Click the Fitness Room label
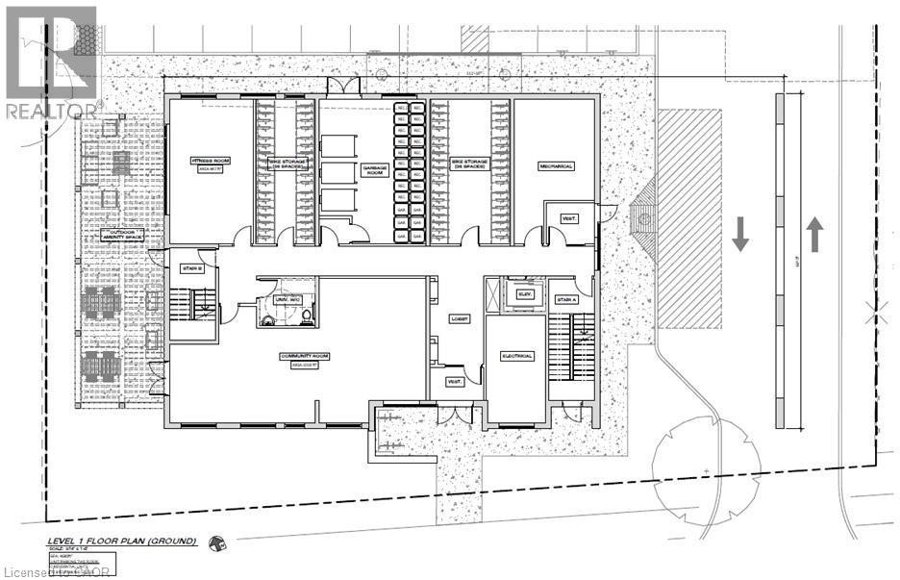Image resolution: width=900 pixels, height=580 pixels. pyautogui.click(x=210, y=162)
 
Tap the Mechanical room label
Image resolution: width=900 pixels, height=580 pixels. pyautogui.click(x=555, y=165)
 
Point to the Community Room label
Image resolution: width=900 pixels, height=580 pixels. pyautogui.click(x=304, y=357)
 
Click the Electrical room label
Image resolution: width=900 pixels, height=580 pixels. pyautogui.click(x=516, y=355)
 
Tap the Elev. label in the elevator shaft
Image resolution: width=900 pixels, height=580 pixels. pyautogui.click(x=525, y=293)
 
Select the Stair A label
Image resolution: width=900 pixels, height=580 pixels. pyautogui.click(x=567, y=300)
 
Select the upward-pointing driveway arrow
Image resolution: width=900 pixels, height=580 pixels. pyautogui.click(x=814, y=233)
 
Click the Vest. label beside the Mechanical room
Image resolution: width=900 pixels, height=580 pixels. pyautogui.click(x=569, y=218)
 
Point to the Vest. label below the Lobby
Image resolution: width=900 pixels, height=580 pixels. pyautogui.click(x=454, y=382)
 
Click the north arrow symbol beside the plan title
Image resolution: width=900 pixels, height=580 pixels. pyautogui.click(x=218, y=543)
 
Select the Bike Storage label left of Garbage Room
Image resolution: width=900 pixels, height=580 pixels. pyautogui.click(x=287, y=164)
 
